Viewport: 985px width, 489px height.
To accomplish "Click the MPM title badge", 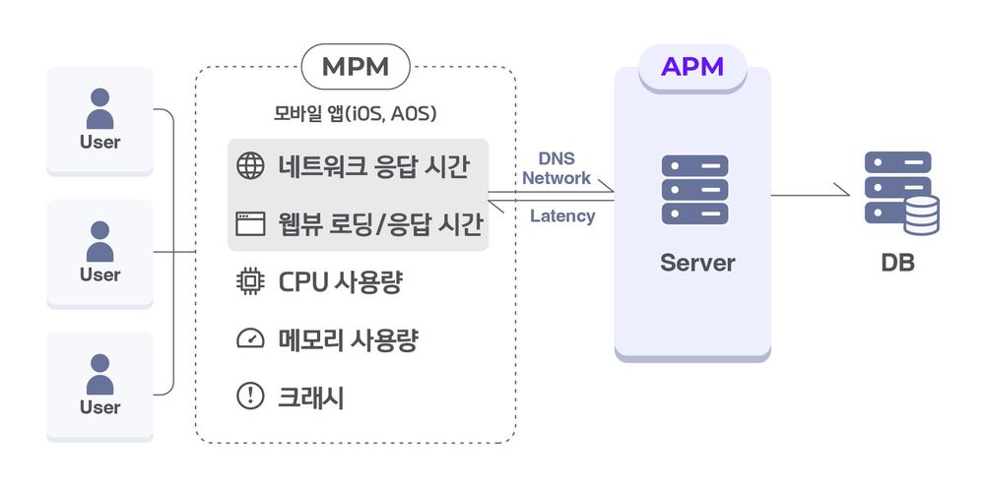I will [356, 67].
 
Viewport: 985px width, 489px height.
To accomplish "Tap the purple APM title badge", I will [691, 67].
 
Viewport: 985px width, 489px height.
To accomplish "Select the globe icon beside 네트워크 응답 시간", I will [251, 165].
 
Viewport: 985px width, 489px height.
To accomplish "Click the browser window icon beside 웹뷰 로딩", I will [251, 224].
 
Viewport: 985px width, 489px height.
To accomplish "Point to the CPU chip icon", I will [251, 282].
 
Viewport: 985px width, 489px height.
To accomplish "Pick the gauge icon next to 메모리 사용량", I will [251, 339].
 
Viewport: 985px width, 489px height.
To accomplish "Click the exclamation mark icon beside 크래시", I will [251, 397].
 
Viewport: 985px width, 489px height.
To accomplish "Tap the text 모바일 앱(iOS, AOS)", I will [355, 113].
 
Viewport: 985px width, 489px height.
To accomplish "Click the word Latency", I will [562, 215].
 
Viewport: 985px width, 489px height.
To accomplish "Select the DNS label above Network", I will [557, 158].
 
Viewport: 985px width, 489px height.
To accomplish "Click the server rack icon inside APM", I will [694, 190].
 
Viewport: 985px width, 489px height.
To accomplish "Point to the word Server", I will [697, 263].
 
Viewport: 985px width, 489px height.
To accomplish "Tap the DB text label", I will [897, 264].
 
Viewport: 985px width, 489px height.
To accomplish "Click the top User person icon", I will [99, 108].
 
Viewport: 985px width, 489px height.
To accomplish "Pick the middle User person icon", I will [99, 241].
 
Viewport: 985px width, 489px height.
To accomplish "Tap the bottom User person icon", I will [99, 374].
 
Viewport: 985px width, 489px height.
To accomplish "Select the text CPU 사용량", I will [341, 282].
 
